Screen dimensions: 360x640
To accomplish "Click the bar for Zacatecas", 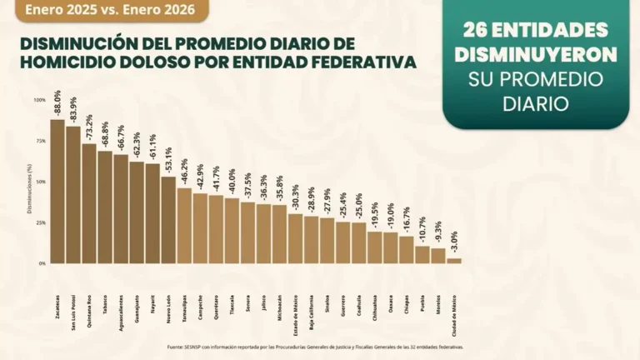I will (x=57, y=192).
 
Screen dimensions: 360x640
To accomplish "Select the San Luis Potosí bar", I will (x=73, y=195).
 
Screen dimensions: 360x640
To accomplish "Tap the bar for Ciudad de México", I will (x=454, y=261).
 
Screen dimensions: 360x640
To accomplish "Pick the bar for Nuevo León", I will (x=168, y=220).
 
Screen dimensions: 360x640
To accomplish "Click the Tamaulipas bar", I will (x=184, y=226).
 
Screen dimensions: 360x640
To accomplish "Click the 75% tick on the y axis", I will (x=40, y=141).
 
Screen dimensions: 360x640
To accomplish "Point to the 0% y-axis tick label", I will (x=42, y=263).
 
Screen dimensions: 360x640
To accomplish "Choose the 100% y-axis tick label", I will (x=40, y=100).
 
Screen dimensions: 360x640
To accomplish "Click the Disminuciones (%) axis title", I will (x=30, y=182).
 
